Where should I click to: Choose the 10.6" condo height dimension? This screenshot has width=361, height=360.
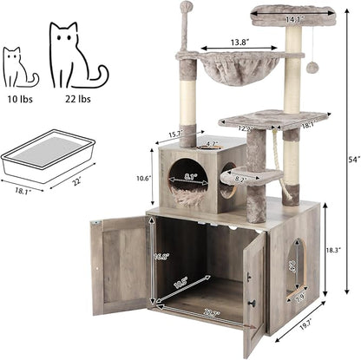(x=144, y=179)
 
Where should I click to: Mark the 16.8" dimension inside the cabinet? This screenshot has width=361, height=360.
(x=162, y=257)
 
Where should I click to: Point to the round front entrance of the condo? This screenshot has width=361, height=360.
(x=187, y=180)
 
